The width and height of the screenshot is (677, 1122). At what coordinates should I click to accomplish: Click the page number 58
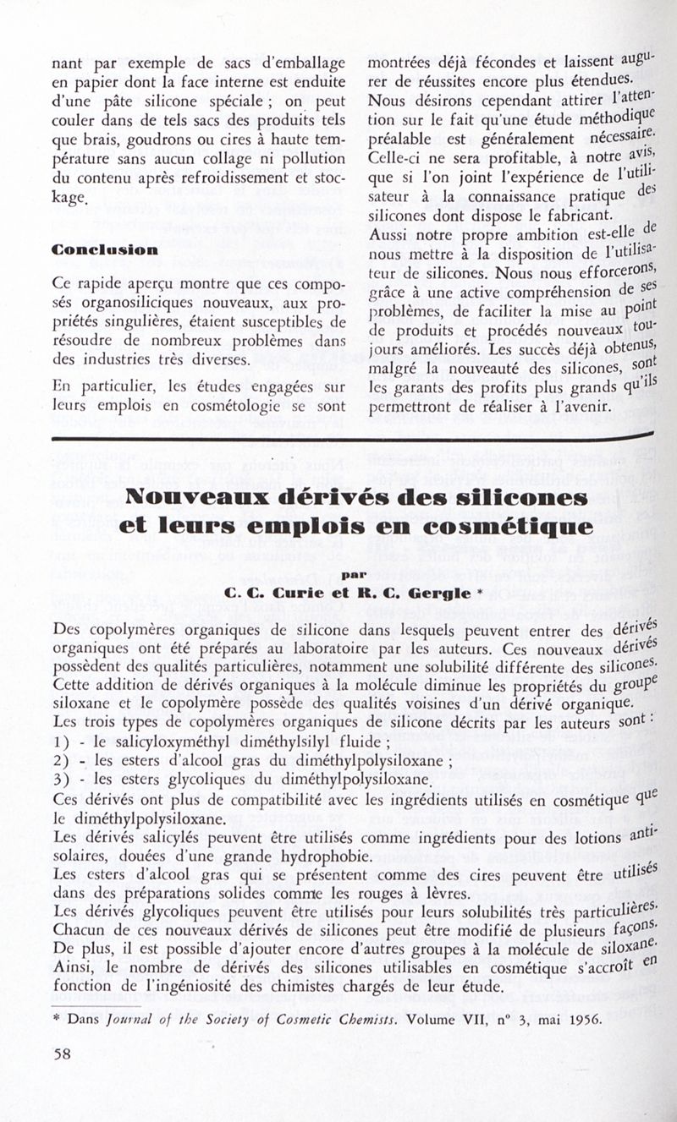62,1054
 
